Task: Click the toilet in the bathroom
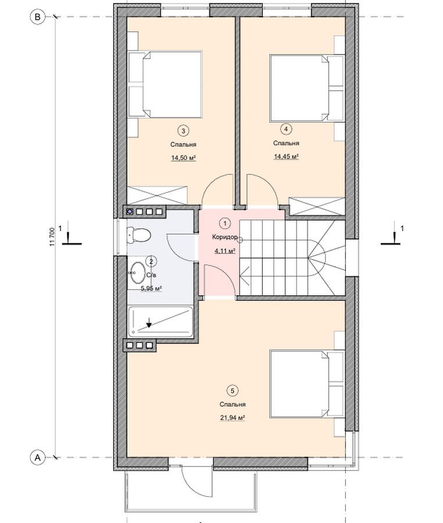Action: click(x=139, y=235)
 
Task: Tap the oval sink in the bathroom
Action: click(x=137, y=273)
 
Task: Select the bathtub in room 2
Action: click(x=160, y=321)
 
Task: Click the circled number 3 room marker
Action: click(x=183, y=131)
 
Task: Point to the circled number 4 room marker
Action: click(x=286, y=129)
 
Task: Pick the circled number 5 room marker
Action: click(x=232, y=391)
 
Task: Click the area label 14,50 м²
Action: click(x=183, y=158)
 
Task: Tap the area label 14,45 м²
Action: click(x=286, y=156)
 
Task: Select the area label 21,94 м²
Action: click(x=233, y=418)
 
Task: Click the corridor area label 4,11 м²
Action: click(x=225, y=251)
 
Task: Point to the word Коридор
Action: click(x=225, y=237)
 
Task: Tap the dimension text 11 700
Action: click(x=52, y=237)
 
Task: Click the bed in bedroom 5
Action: click(x=307, y=384)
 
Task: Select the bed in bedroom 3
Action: click(x=165, y=84)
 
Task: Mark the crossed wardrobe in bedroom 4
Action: click(x=317, y=206)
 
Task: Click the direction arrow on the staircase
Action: click(x=245, y=276)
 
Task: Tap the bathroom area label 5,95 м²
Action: click(x=151, y=288)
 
